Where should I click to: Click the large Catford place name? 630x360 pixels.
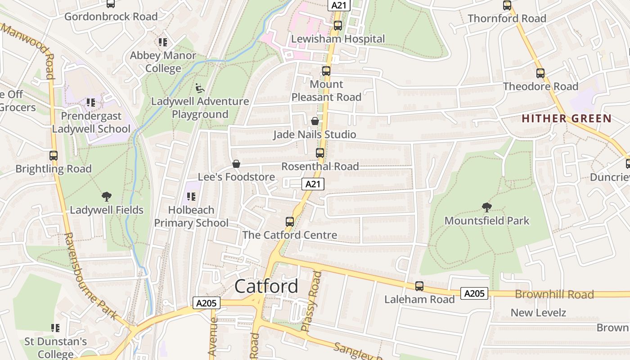click(266, 286)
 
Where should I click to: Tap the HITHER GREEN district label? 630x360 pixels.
click(567, 119)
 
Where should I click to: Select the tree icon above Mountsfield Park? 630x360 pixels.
click(486, 207)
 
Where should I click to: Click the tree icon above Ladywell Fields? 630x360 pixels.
click(107, 196)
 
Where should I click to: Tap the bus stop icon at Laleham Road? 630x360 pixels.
click(419, 286)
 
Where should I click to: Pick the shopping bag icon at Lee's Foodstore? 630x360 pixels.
click(236, 164)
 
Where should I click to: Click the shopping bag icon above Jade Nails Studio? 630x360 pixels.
click(315, 121)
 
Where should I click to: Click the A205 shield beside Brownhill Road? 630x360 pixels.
click(474, 294)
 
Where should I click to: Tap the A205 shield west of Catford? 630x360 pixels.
click(207, 303)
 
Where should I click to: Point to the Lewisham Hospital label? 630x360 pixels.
click(338, 39)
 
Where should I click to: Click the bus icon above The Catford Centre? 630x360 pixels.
click(290, 222)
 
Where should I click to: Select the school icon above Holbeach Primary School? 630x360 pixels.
click(191, 197)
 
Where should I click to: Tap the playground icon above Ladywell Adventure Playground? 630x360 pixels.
click(200, 88)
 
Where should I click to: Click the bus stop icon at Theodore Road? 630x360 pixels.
click(540, 73)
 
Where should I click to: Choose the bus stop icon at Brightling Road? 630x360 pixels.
click(54, 156)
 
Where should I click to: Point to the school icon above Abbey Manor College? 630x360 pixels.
click(163, 42)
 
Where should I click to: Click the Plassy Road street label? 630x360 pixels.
click(312, 301)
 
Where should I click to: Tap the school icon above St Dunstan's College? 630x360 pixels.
click(55, 328)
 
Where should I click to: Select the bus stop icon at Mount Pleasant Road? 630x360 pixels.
click(326, 71)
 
